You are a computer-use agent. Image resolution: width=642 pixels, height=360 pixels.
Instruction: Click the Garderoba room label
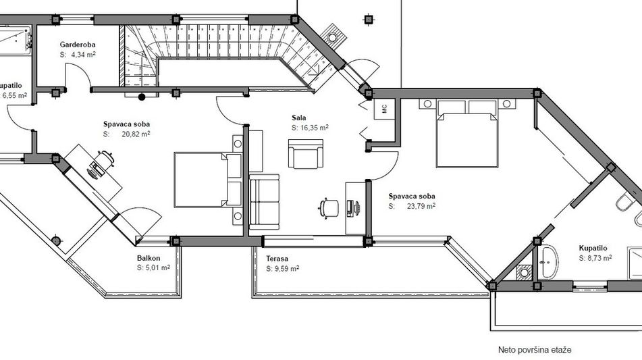coord(78,45)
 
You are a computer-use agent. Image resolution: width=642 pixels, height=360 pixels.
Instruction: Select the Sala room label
coord(299,118)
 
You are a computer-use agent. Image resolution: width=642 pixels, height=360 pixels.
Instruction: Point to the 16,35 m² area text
coord(315,128)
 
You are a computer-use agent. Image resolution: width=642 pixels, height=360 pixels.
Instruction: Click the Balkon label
coord(149,259)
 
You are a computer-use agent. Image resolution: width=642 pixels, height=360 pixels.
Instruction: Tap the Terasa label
coord(277,259)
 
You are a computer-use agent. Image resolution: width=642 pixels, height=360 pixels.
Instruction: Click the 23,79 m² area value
coord(421,206)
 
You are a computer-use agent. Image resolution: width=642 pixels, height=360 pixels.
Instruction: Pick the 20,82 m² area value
coord(136,134)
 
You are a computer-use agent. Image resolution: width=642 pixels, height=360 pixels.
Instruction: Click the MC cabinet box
coord(385,109)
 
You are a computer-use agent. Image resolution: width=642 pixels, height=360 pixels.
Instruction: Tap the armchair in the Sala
coord(305,153)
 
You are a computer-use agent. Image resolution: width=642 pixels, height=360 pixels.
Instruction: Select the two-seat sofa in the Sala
coord(265,202)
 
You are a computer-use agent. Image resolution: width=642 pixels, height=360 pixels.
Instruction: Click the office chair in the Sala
coord(329,208)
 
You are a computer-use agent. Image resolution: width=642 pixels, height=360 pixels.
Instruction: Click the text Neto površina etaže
coord(535,350)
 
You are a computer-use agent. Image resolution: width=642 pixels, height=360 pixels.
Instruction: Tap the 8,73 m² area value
coord(600,259)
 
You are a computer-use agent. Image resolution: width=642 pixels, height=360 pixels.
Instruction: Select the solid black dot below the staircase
coord(142,97)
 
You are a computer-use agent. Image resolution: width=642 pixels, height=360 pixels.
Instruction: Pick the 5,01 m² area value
coord(158,268)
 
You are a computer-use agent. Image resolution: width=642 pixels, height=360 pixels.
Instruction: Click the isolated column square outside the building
coord(369,19)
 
